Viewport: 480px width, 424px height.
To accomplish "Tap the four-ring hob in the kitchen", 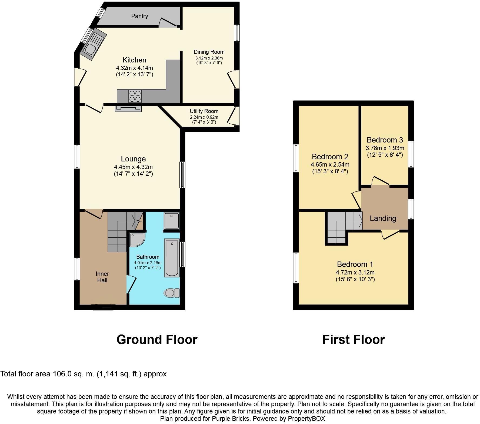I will pos(135,96).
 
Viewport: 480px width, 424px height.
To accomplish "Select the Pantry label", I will pos(139,16).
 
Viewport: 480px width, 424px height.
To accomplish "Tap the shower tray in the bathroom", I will pos(171,220).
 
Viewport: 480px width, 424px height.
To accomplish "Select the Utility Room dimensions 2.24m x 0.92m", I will pos(204,117).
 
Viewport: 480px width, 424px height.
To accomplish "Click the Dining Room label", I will pos(209,52).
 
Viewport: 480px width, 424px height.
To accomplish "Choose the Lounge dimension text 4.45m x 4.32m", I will pos(133,167).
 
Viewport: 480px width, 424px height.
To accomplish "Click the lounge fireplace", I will pos(128,108).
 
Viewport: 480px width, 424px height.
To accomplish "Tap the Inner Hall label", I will pos(102,277).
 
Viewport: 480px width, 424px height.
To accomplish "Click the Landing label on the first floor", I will pos(383,218).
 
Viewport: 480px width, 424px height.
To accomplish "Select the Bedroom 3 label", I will pos(385,140).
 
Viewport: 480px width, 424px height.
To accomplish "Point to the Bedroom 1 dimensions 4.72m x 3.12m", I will pos(355,273).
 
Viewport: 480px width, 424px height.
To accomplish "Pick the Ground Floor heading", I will pos(157,340).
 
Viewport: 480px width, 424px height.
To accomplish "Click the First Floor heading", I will pos(353,340).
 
